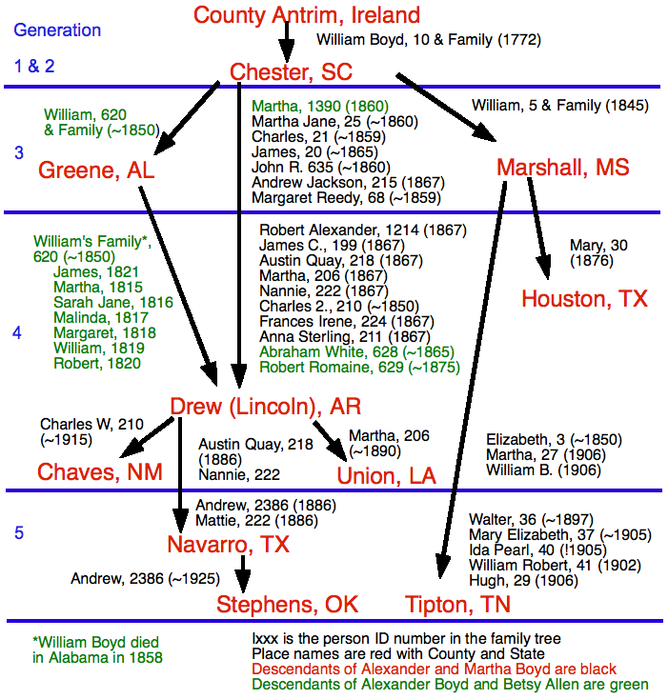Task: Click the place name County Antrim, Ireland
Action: (306, 15)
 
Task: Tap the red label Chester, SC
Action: (291, 72)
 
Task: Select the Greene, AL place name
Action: (96, 170)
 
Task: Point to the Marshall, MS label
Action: (563, 168)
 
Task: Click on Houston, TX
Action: (584, 299)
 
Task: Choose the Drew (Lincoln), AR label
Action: (266, 407)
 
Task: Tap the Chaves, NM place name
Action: (100, 472)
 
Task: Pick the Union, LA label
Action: (387, 475)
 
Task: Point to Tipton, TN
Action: (457, 605)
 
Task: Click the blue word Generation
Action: (57, 30)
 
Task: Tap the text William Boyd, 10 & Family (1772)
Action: (429, 40)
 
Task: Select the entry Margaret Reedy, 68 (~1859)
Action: (346, 198)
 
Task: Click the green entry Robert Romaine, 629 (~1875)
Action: (356, 366)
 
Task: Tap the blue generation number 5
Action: (19, 532)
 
